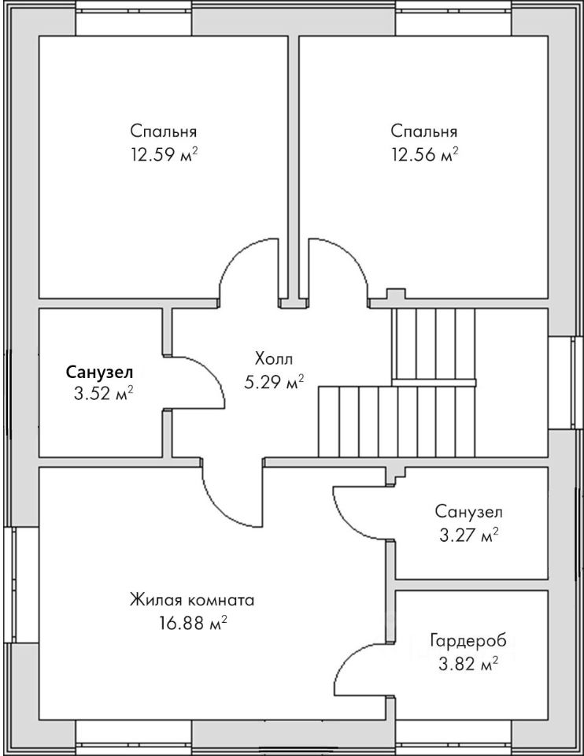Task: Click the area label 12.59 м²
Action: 164,155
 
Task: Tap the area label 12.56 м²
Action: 424,155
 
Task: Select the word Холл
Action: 274,359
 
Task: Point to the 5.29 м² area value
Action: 274,383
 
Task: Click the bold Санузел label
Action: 99,372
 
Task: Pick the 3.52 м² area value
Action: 103,395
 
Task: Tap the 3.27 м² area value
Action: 468,535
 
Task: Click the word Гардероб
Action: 468,641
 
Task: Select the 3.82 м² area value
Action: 468,665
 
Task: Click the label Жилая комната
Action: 192,601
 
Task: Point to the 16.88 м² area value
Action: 193,624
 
